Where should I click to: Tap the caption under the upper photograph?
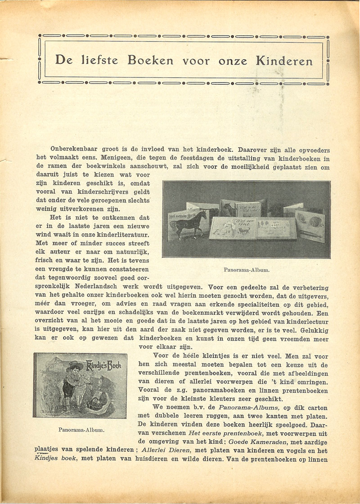(x=246, y=270)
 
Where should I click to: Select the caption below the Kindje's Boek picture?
(x=81, y=430)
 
